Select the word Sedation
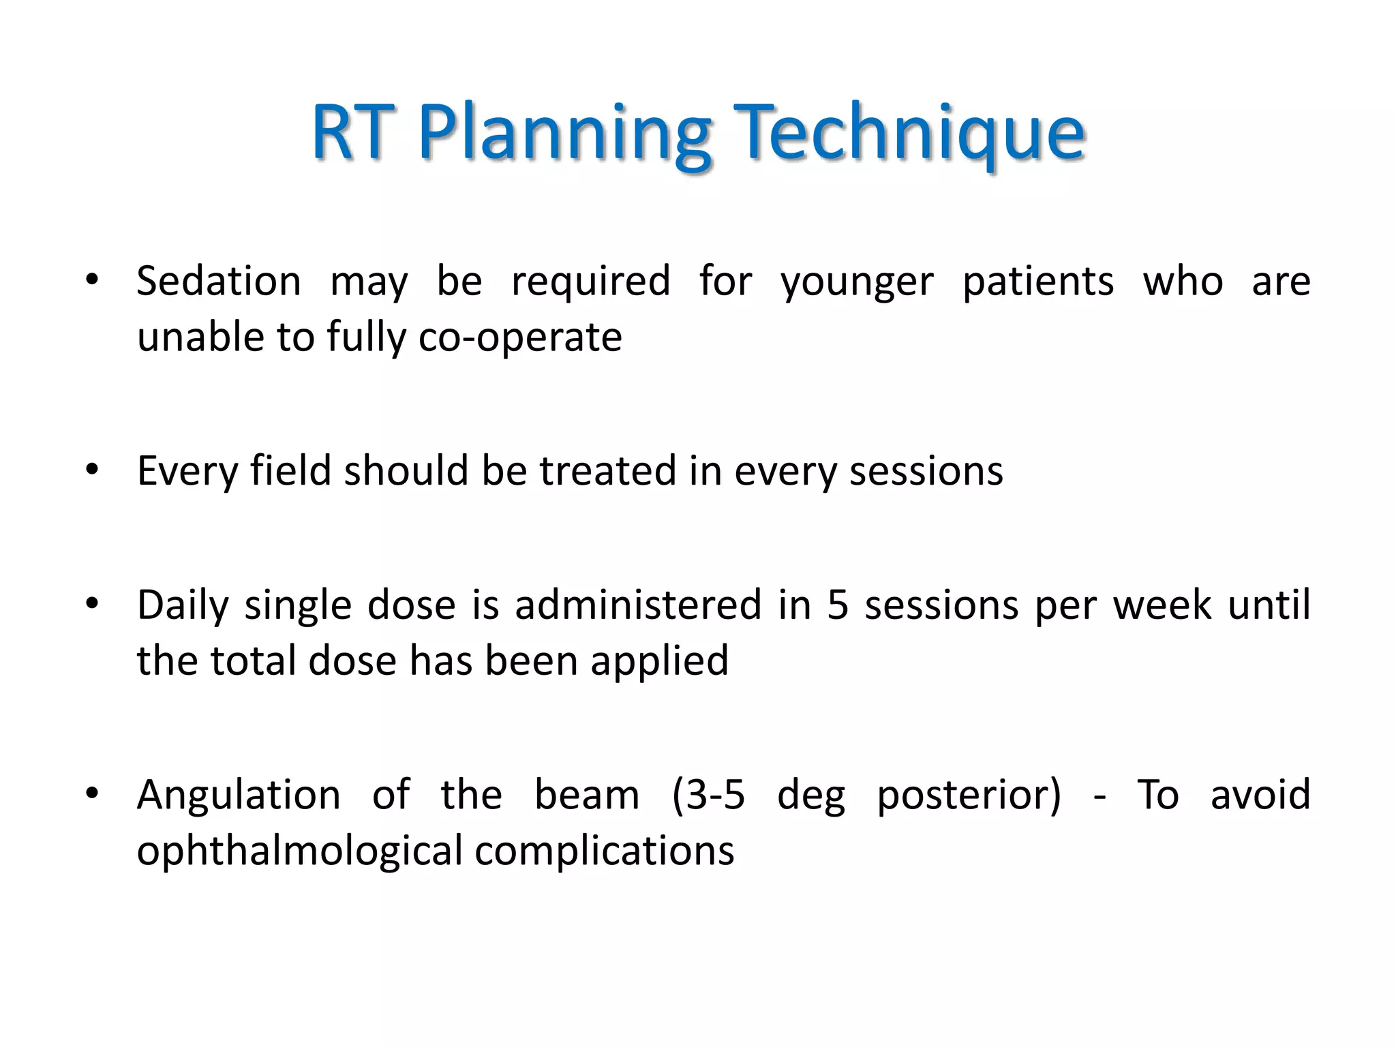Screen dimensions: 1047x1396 [219, 281]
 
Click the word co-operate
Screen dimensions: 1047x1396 [520, 338]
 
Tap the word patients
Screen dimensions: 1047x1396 [1037, 282]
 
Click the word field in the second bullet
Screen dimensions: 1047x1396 [290, 470]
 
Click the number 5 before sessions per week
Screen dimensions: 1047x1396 [838, 605]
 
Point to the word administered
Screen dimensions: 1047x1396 [638, 605]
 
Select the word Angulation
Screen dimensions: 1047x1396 [239, 795]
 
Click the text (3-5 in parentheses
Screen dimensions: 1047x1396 [708, 795]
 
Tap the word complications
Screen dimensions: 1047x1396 [604, 852]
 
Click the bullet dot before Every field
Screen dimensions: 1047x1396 [93, 469]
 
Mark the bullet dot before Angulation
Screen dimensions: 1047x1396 [93, 793]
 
